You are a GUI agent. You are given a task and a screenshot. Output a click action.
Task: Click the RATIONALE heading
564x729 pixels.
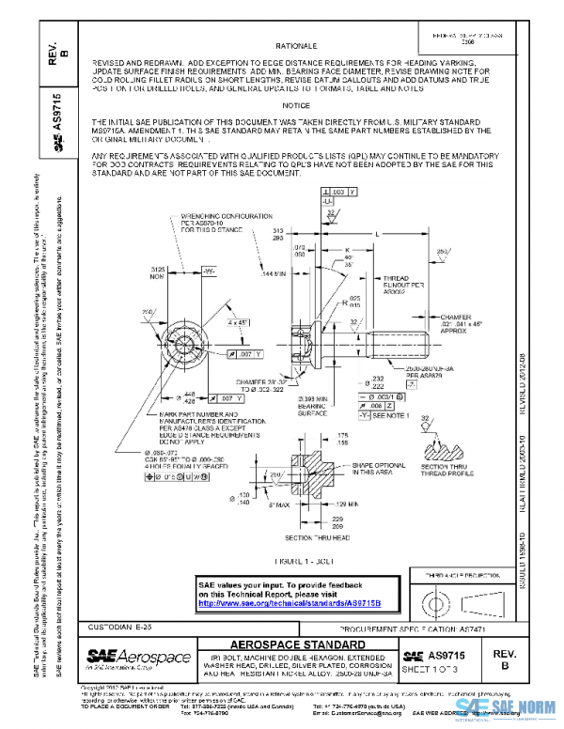click(296, 45)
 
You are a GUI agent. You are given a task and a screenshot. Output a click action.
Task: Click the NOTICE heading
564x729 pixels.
click(295, 105)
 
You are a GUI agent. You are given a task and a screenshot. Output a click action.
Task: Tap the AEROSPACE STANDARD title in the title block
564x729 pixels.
click(298, 644)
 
